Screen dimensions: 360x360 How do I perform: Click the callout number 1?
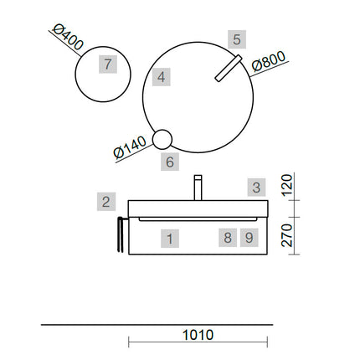coord(170,239)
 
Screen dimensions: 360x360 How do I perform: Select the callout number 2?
coord(106,202)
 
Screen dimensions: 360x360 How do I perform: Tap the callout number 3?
coord(256,188)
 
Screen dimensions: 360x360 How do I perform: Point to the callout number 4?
coord(161,77)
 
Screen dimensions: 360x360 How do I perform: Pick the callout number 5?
coord(237,39)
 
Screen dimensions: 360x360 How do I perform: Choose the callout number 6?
coord(170,162)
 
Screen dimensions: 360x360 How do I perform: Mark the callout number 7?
coord(108,64)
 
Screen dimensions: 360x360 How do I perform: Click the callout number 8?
coord(228,238)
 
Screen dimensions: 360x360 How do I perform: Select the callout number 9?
coord(249,238)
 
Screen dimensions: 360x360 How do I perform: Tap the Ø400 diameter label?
coord(68,37)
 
